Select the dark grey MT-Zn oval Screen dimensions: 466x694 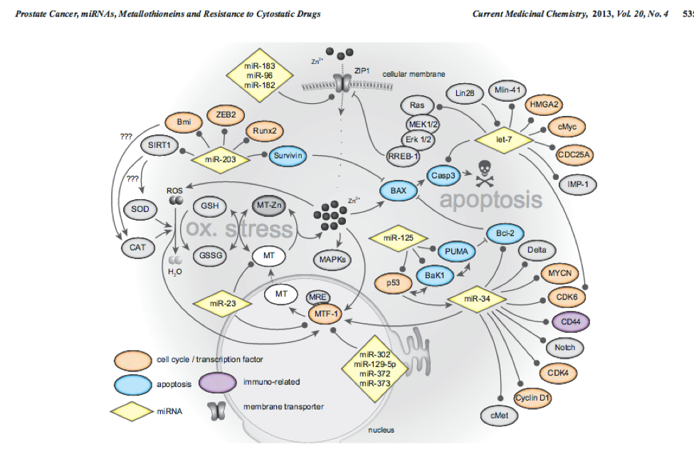pyautogui.click(x=270, y=206)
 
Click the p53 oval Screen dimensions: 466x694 pyautogui.click(x=391, y=283)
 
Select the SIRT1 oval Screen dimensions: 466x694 pyautogui.click(x=161, y=145)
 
